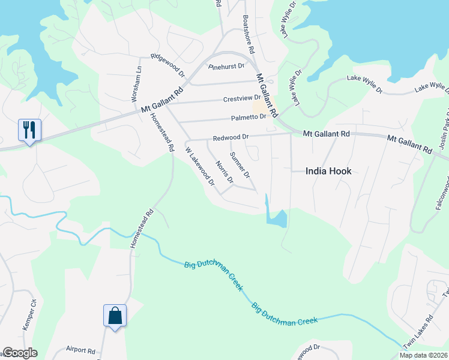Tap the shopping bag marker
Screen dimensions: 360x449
click(115, 316)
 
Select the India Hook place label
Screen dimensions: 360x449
click(328, 170)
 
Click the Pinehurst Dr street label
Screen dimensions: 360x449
click(226, 66)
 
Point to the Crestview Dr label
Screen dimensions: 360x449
click(242, 98)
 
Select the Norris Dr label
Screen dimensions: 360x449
click(224, 172)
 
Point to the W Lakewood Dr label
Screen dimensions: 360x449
click(200, 166)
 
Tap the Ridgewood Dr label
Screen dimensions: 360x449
click(168, 65)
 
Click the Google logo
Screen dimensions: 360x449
click(20, 353)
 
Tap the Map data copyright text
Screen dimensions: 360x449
click(423, 355)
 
